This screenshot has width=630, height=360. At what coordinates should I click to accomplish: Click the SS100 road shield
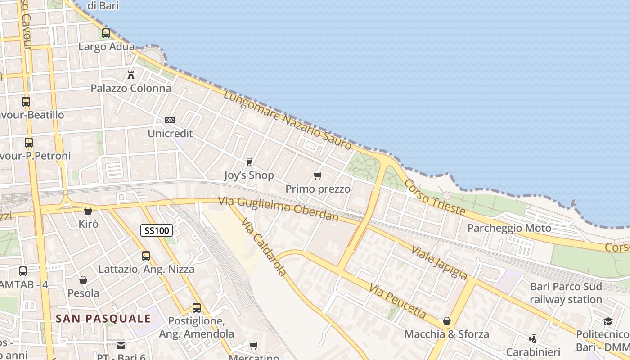(x=157, y=231)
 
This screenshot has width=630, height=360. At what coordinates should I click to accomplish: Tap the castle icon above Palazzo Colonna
(x=131, y=75)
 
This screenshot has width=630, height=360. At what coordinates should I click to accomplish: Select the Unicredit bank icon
(x=170, y=120)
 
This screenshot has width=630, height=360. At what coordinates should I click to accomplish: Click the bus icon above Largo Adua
(x=106, y=33)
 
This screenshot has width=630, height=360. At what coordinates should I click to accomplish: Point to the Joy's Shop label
(x=249, y=175)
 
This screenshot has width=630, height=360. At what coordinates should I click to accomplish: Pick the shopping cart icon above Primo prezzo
(x=318, y=175)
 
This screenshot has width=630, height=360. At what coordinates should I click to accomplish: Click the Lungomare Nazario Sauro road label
(x=288, y=120)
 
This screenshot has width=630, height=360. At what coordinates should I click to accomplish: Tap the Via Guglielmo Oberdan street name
(x=279, y=209)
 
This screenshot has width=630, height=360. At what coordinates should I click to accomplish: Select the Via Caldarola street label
(x=264, y=247)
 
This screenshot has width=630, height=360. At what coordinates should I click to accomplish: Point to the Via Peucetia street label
(x=397, y=301)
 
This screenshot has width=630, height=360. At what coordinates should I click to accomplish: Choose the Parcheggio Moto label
(x=509, y=228)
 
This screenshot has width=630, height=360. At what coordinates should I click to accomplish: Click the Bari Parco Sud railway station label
(x=566, y=293)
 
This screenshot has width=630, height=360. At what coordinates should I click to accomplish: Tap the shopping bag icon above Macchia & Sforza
(x=447, y=321)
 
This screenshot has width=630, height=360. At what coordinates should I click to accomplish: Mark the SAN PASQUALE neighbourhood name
(x=103, y=319)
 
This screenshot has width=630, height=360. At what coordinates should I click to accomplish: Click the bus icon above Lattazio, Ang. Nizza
(x=146, y=256)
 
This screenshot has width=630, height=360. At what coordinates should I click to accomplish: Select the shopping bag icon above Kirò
(x=88, y=211)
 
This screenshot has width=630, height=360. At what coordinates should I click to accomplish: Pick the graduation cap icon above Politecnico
(x=608, y=321)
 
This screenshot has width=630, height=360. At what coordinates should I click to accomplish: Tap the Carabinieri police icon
(x=533, y=338)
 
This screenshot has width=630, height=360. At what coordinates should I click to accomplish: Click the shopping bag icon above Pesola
(x=83, y=280)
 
